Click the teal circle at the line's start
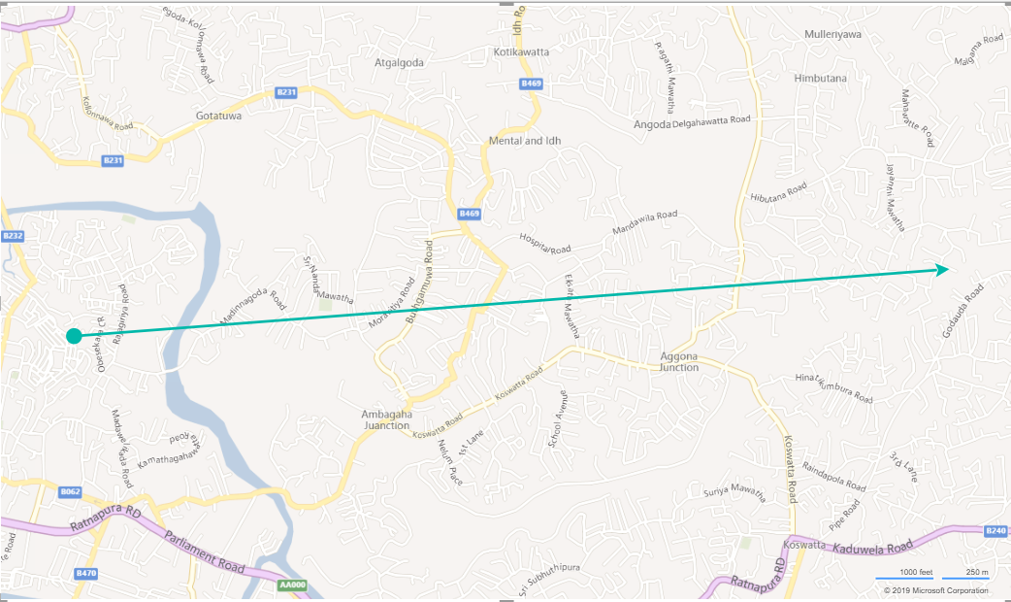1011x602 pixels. coord(74,336)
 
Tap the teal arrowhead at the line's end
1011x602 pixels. coord(942,269)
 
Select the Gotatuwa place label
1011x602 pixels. coord(217,116)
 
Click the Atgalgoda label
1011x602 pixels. coord(400,62)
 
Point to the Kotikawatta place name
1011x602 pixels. coord(522,51)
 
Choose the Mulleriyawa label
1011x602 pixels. coord(832,34)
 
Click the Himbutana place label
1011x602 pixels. coord(820,78)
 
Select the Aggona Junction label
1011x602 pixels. coord(678,361)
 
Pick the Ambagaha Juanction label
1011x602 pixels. coord(387,419)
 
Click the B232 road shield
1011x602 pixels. coord(13,236)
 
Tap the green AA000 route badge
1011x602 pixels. coord(292,585)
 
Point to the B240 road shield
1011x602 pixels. coord(995,531)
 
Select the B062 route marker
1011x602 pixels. coord(70,492)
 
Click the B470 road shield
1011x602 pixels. coord(86,574)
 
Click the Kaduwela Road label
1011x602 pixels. coord(872,548)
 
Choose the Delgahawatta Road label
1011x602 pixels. coord(712,120)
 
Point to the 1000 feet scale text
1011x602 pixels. coord(916,572)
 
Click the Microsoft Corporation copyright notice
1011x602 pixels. coord(935,590)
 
